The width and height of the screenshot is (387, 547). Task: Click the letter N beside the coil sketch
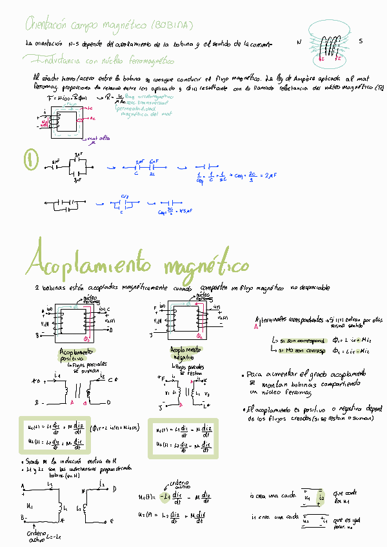(299, 41)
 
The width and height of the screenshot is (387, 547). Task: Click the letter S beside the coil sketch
(361, 41)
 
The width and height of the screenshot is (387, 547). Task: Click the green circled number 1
(28, 159)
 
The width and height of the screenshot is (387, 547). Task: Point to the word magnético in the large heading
(206, 265)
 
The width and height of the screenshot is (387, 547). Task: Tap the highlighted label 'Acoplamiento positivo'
(76, 354)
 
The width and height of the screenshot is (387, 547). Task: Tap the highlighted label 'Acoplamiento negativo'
(186, 353)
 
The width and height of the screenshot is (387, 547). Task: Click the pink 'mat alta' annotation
(101, 137)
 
